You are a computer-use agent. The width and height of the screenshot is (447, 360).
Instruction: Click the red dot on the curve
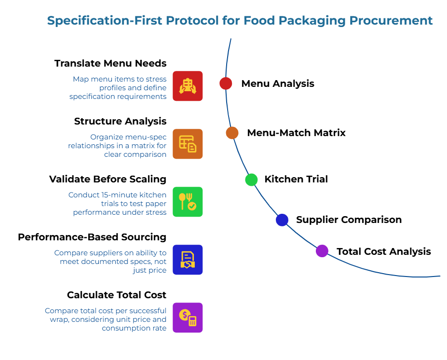226,83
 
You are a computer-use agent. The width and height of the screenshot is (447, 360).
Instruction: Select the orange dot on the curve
232,133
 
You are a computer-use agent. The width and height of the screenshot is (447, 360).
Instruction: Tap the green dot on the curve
251,180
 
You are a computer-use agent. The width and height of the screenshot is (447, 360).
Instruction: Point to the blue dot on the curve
282,220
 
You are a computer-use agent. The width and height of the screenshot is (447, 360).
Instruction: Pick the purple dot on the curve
322,251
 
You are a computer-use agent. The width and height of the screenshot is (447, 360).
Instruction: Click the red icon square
188,86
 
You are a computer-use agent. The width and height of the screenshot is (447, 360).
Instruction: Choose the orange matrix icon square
188,144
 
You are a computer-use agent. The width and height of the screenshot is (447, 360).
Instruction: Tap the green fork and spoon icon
188,202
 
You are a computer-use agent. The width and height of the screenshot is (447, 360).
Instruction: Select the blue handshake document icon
188,260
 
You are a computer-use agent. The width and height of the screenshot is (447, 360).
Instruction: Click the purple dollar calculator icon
188,318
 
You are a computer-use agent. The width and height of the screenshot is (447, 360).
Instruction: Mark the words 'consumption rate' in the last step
134,328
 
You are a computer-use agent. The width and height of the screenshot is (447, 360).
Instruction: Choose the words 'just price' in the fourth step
149,270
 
